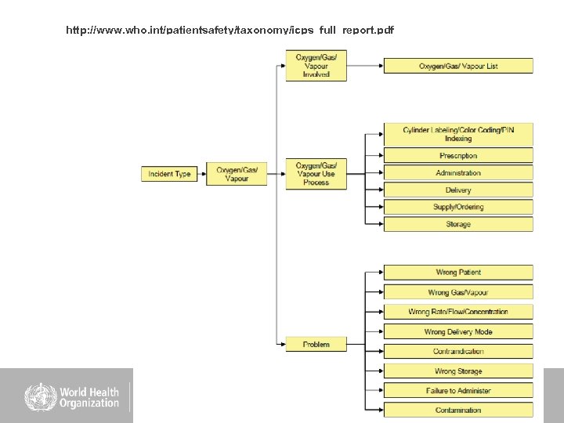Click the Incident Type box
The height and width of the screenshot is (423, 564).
[x=169, y=174]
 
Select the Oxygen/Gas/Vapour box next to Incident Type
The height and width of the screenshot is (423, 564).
[x=237, y=174]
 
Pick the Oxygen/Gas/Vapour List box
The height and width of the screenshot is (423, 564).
[x=458, y=66]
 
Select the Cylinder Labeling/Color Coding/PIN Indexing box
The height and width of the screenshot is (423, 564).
[x=458, y=134]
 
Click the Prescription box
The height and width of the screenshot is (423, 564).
[x=458, y=156]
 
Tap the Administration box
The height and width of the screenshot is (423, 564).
[x=458, y=173]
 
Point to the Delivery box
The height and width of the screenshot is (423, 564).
[x=458, y=190]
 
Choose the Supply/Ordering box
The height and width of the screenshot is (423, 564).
[x=458, y=207]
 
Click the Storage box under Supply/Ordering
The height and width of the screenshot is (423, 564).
[x=458, y=224]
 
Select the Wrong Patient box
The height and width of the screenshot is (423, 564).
[x=458, y=273]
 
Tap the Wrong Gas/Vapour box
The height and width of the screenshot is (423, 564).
[x=458, y=292]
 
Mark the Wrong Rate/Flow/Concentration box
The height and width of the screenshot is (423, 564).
[x=458, y=312]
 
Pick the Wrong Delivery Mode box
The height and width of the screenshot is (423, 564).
[x=458, y=331]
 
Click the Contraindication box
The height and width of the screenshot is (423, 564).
[x=458, y=352]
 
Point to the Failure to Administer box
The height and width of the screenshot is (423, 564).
[x=458, y=390]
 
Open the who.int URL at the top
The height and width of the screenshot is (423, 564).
[x=230, y=31]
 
